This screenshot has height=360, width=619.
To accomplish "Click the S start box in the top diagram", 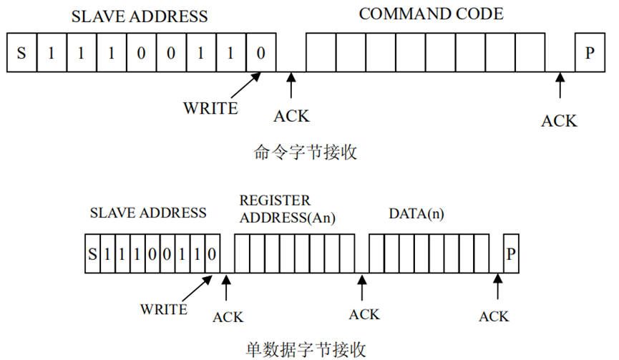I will tap(21, 52).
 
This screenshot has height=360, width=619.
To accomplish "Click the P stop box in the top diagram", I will tap(589, 52).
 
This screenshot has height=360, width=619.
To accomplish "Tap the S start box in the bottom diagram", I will tap(91, 253).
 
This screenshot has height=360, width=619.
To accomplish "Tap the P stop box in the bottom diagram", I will tap(510, 253).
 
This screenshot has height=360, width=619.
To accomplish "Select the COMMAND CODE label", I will tap(431, 14).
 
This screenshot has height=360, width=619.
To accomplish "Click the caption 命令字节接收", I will tap(306, 152).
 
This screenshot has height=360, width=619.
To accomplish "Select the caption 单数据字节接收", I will tap(306, 349).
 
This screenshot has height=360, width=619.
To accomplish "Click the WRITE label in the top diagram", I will tap(210, 109).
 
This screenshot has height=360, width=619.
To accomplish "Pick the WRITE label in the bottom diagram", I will tap(164, 309).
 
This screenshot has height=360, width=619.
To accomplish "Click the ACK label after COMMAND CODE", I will tap(558, 120).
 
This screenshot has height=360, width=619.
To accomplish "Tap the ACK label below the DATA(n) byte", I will tap(494, 316).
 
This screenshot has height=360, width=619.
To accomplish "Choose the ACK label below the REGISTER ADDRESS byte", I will tap(364, 314).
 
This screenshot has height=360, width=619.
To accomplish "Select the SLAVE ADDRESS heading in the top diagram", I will tap(140, 16).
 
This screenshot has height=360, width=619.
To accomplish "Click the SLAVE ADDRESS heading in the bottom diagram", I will tap(148, 213).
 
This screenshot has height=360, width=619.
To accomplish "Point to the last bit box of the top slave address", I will tap(260, 52).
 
